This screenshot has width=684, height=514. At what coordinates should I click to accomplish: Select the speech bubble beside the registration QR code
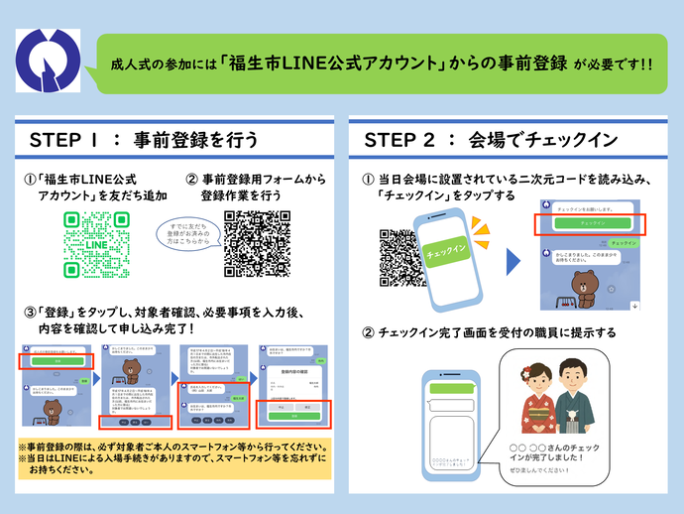point(187,239)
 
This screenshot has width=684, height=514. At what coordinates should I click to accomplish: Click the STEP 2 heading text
point(491,138)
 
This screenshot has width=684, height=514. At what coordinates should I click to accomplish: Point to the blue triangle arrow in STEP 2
point(513,262)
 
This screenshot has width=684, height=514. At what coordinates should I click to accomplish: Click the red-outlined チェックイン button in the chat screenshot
point(591,223)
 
